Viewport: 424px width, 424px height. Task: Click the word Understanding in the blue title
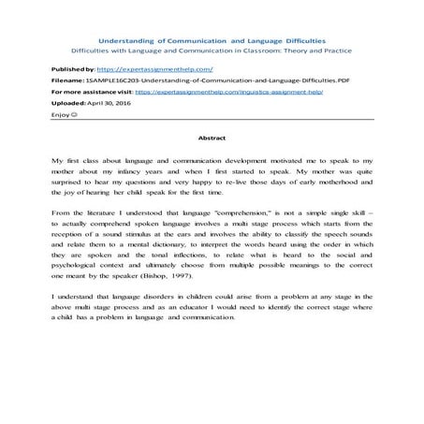133,40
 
